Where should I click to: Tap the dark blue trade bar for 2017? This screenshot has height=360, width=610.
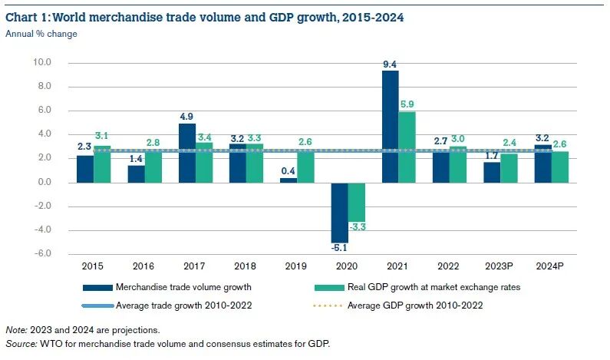point(186,153)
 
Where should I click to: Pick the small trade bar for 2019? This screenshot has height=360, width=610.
point(288,180)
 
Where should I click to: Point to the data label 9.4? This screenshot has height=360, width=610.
point(390,64)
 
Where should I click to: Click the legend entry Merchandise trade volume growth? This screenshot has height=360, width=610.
point(185,287)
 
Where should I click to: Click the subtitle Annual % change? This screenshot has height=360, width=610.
point(41,33)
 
